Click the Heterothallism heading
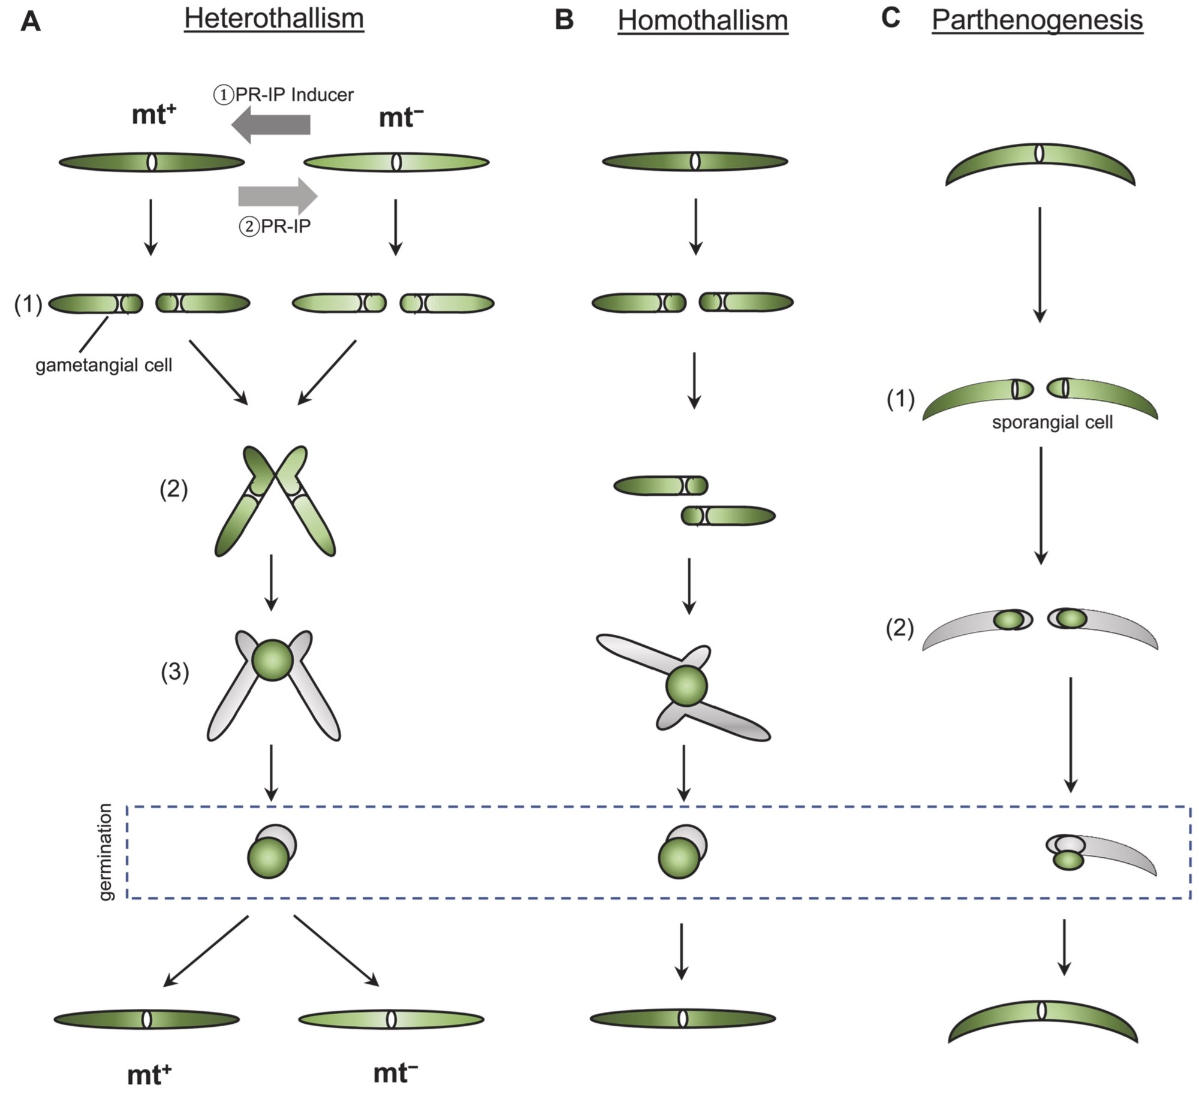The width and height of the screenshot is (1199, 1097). click(274, 19)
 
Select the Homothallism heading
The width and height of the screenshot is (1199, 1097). click(703, 20)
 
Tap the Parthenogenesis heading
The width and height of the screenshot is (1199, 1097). click(1037, 20)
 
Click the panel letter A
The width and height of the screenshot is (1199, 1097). click(31, 22)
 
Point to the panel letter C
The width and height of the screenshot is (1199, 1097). click(891, 18)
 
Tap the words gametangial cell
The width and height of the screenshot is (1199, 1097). click(104, 365)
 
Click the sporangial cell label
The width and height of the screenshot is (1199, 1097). click(1052, 423)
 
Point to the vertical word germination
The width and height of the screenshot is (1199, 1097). click(106, 852)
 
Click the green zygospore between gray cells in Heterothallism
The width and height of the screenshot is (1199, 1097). click(272, 659)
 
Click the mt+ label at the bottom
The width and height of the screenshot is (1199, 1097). click(149, 1075)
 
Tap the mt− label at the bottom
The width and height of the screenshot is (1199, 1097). click(395, 1072)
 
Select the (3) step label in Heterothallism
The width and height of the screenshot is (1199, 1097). click(174, 672)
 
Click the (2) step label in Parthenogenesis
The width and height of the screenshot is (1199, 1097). click(900, 629)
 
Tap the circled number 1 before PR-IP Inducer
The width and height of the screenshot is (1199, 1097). click(224, 95)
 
